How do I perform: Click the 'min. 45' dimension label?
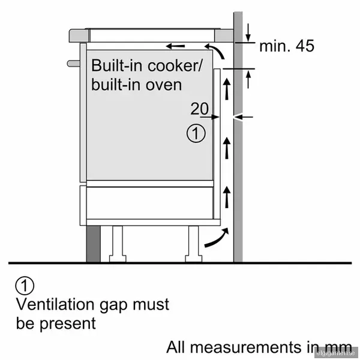coord(286,46)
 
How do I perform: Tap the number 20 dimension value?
coord(200,109)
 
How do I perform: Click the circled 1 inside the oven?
coord(196,133)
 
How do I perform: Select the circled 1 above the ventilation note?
coord(24,285)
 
